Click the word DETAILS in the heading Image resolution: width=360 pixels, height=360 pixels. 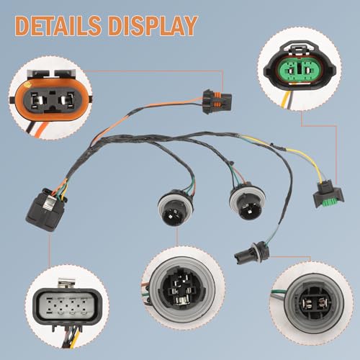coord(58,26)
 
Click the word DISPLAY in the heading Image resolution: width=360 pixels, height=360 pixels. coord(153,26)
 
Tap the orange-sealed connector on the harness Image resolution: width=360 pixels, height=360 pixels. coord(217,102)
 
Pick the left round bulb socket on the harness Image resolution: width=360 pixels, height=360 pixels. coord(176,207)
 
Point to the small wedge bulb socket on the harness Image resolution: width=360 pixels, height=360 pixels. coord(251,254)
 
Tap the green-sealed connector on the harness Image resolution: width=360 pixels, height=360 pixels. coord(328,194)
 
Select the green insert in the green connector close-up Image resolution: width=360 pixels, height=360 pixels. coord(300,71)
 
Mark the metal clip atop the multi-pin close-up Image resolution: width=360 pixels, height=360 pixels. coord(66,284)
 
